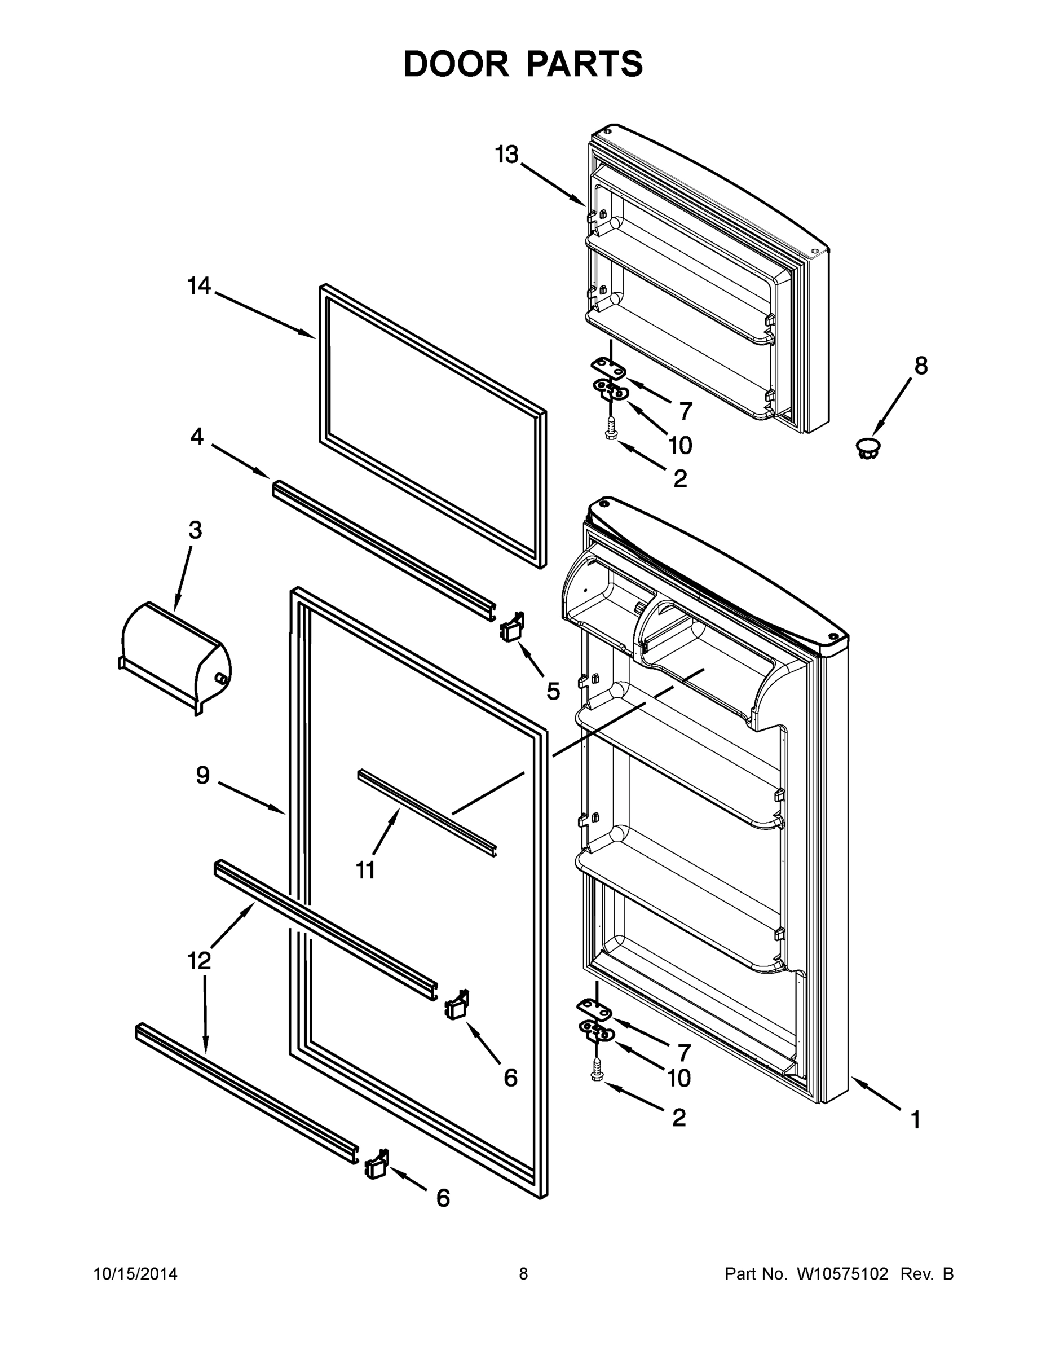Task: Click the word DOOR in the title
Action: click(456, 64)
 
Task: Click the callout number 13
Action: click(506, 155)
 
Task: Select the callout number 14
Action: click(199, 287)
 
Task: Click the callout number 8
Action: click(921, 366)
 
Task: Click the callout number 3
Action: click(195, 531)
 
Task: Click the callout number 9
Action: click(202, 776)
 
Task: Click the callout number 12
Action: click(199, 961)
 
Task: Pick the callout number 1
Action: click(915, 1120)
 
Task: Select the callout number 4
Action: click(196, 437)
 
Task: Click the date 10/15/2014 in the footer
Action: click(135, 1274)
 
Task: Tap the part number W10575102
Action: click(841, 1274)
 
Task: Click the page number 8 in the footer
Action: click(523, 1274)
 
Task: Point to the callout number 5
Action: click(553, 691)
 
